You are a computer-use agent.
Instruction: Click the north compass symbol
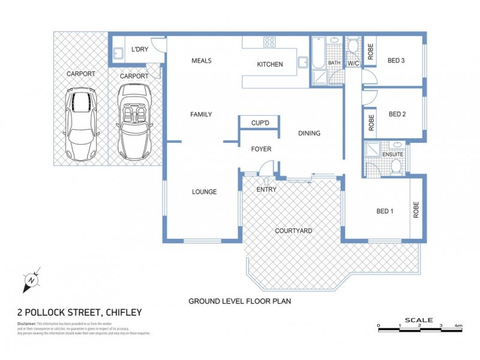coord(31,280)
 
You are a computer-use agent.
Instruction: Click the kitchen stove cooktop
coord(269,42)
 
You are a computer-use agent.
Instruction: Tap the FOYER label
coord(261,149)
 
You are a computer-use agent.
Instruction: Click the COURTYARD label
coord(293,230)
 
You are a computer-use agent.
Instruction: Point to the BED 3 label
coord(396,60)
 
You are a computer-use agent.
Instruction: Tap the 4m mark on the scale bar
coord(458,326)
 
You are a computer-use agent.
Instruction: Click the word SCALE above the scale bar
coord(419,320)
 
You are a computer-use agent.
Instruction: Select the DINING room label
coord(309,134)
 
